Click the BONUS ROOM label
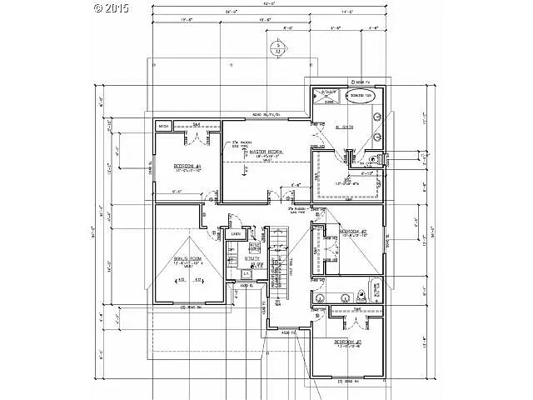(x=188, y=262)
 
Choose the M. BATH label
(x=343, y=127)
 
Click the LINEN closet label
(x=236, y=234)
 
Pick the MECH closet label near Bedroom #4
(x=165, y=127)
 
